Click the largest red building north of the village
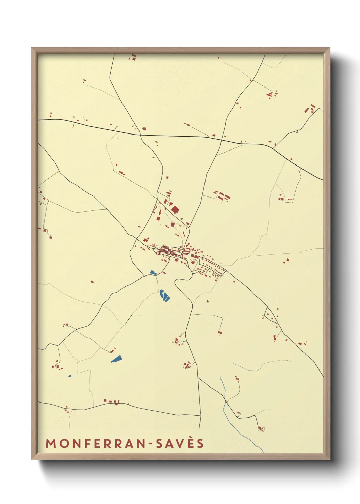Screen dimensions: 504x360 pyautogui.click(x=175, y=209)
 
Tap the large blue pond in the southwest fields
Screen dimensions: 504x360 pyautogui.click(x=116, y=359)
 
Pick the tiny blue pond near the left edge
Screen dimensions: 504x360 pyautogui.click(x=70, y=376)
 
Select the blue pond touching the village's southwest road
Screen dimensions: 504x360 pyautogui.click(x=153, y=272)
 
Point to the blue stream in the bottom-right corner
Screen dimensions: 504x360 pyautogui.click(x=238, y=422)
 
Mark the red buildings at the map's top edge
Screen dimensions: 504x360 pyautogui.click(x=133, y=57)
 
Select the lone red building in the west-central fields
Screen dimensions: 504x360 pyautogui.click(x=92, y=282)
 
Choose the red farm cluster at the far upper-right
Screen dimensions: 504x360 pyautogui.click(x=311, y=109)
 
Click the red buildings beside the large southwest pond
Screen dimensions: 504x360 pyautogui.click(x=112, y=350)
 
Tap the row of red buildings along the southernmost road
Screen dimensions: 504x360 pyautogui.click(x=112, y=402)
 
